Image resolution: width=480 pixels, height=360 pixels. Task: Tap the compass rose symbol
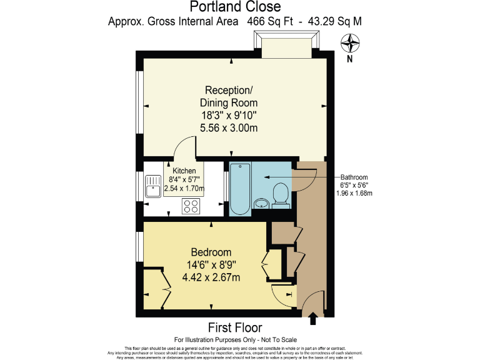pyautogui.click(x=350, y=43)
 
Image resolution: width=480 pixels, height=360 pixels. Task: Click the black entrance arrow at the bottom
pyautogui.click(x=312, y=319)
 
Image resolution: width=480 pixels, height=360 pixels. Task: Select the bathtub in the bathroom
pyautogui.click(x=241, y=187)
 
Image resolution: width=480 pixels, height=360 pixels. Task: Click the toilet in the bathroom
pyautogui.click(x=281, y=194)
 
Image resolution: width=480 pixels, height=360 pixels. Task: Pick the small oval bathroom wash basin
pyautogui.click(x=261, y=203)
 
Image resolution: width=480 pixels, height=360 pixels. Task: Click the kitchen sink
pyautogui.click(x=154, y=186)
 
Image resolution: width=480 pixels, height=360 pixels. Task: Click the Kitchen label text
pyautogui.click(x=184, y=171)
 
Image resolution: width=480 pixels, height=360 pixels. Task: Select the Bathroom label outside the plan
pyautogui.click(x=354, y=177)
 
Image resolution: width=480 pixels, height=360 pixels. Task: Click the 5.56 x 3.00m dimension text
pyautogui.click(x=228, y=128)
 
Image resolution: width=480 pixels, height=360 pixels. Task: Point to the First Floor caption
pyautogui.click(x=235, y=327)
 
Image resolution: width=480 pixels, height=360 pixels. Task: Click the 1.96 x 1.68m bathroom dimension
pyautogui.click(x=354, y=193)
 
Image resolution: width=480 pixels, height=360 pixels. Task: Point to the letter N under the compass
pyautogui.click(x=350, y=60)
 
